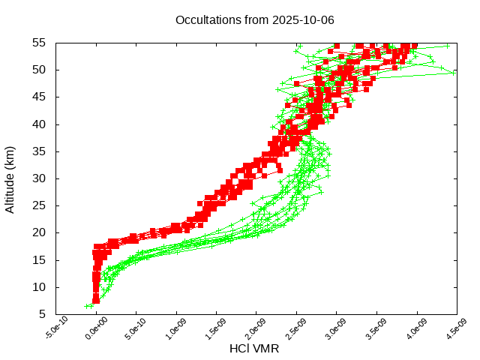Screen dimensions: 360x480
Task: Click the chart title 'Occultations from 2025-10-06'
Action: click(x=254, y=19)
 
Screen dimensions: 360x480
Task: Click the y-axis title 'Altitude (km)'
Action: click(x=10, y=178)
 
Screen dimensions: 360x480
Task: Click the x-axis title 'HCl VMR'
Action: click(x=254, y=349)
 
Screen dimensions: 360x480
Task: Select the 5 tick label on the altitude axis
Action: click(x=44, y=314)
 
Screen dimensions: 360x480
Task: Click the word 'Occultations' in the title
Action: click(x=205, y=19)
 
